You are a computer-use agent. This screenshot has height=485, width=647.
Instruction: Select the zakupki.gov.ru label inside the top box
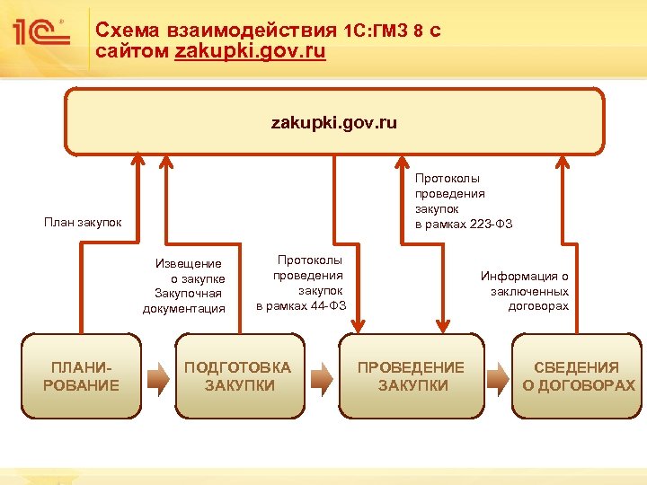click(333, 121)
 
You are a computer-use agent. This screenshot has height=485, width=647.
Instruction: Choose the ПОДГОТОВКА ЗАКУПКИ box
click(238, 376)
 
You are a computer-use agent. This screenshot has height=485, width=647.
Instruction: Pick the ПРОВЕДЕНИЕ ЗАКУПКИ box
click(412, 376)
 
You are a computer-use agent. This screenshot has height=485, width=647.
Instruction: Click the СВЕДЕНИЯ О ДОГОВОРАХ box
click(578, 376)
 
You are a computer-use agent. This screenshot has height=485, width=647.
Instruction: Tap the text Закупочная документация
click(184, 301)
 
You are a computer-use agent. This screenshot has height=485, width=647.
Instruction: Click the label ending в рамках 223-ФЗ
click(463, 200)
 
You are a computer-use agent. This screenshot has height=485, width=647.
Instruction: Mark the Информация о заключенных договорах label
click(527, 291)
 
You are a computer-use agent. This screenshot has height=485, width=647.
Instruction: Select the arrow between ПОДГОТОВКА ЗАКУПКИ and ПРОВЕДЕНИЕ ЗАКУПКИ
click(322, 377)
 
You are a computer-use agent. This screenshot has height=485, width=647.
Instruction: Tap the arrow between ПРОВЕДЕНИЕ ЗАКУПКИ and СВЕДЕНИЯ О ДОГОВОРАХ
click(496, 377)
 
